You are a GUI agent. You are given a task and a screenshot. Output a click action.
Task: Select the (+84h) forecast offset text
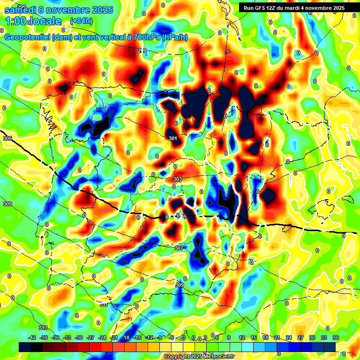[x=81, y=21]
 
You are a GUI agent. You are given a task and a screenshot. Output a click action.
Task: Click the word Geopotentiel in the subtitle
[x=27, y=37]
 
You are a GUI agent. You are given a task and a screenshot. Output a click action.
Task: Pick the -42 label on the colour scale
[x=32, y=338]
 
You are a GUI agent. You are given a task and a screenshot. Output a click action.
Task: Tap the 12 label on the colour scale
[x=242, y=338]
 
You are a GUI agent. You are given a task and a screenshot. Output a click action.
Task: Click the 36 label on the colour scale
[x=335, y=338]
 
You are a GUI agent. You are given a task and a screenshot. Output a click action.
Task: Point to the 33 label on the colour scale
[x=323, y=338]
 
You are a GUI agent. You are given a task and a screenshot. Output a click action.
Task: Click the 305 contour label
[x=7, y=139]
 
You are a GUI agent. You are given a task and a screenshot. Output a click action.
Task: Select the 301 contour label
[x=172, y=138]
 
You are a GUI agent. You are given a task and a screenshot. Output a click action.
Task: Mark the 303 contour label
[x=177, y=180]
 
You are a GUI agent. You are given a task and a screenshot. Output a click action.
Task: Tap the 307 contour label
[x=179, y=248]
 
